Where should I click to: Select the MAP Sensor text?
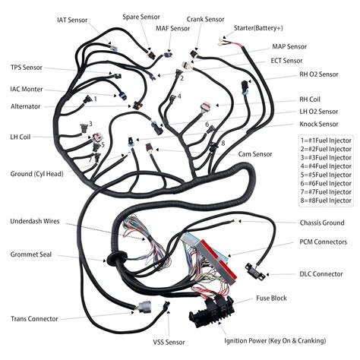[289, 46]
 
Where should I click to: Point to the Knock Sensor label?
[318, 124]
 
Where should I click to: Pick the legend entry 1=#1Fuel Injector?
[325, 141]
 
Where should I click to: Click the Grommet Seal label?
[32, 254]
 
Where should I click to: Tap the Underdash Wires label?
[36, 222]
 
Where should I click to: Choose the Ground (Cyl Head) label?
[43, 174]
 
